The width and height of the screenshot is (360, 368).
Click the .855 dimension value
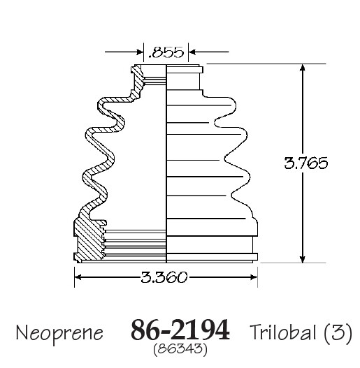coord(166,52)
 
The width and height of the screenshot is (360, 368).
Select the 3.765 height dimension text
coord(305,163)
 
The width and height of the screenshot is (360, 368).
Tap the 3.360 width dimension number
coord(164,277)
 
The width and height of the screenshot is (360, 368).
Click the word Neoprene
coord(59,333)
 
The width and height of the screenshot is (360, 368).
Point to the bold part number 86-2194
coord(180,330)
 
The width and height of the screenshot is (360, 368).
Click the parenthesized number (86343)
coord(180,349)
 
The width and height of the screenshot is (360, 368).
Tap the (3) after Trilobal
coord(338,332)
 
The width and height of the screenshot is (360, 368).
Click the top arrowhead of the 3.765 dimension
coord(303,67)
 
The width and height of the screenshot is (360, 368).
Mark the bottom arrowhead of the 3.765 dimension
coord(303,259)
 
